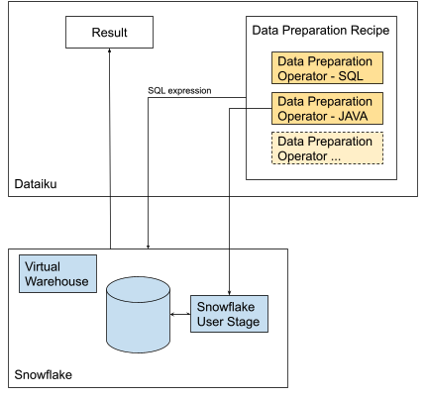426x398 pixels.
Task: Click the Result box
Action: pos(110,33)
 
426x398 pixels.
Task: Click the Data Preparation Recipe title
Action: pos(320,31)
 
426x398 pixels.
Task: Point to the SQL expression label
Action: pos(179,90)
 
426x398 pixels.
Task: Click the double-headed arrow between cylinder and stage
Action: pos(181,315)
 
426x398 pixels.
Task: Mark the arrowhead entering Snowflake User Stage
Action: pos(230,289)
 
